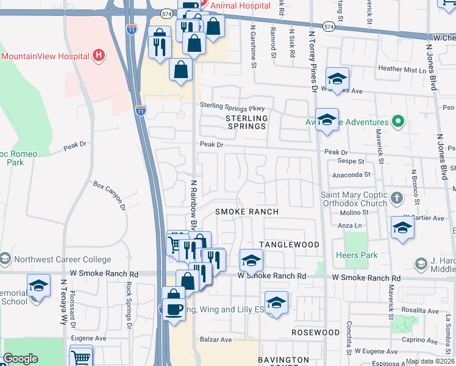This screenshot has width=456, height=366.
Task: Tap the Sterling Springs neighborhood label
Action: (246, 122)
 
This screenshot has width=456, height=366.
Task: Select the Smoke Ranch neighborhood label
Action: (247, 212)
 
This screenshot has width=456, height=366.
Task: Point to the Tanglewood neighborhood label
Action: (289, 245)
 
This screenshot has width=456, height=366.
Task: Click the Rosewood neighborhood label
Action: (315, 332)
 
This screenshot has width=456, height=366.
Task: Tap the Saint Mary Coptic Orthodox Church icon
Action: (397, 198)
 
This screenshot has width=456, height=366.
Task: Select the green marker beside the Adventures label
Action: (397, 122)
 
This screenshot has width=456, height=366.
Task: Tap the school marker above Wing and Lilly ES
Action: (276, 303)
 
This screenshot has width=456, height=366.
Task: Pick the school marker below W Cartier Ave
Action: (403, 228)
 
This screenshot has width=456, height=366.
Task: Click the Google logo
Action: (20, 359)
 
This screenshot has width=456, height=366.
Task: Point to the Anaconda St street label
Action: (351, 174)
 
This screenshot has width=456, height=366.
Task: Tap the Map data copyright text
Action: (430, 361)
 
